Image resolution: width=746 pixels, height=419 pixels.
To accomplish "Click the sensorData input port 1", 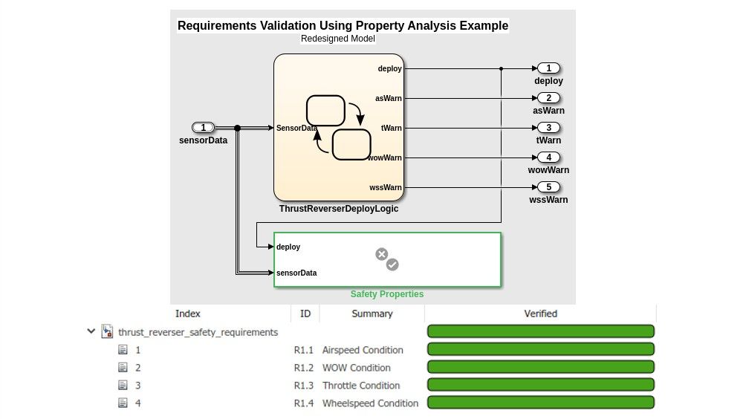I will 203,127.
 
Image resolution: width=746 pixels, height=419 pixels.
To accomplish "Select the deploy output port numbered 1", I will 548,68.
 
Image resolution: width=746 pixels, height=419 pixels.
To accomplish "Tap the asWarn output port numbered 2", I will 548,98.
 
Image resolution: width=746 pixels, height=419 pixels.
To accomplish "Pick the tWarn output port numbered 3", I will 548,128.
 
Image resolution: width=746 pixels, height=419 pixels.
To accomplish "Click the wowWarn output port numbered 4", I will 548,157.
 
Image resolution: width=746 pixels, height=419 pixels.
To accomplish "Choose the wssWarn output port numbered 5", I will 548,187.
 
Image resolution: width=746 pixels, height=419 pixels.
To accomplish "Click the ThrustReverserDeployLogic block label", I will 339,209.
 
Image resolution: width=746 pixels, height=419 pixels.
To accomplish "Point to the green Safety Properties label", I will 387,294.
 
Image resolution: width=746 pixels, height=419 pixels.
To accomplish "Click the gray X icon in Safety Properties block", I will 382,254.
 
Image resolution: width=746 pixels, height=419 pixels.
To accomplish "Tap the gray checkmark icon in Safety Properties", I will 393,264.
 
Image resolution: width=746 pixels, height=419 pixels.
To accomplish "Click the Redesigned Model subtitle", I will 338,39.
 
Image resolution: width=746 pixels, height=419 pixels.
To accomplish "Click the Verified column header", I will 540,314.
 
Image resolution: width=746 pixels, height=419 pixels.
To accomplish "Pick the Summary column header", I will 372,314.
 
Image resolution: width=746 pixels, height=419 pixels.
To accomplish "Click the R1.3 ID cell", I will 304,386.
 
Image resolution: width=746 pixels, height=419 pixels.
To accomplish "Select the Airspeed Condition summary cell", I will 363,350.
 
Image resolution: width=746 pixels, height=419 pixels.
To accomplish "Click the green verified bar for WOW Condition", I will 540,367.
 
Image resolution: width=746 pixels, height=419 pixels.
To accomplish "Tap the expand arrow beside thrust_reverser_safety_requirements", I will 91,332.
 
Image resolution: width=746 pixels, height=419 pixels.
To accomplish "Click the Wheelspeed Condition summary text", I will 370,403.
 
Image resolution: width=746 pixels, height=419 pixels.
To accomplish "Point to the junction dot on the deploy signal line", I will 502,68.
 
